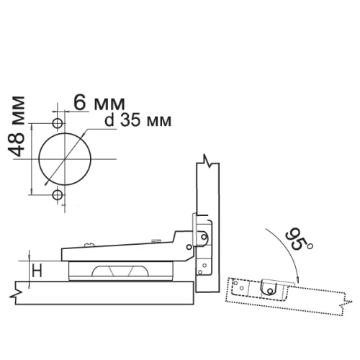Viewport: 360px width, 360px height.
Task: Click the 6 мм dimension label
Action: (99, 103)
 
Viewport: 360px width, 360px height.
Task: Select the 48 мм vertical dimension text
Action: (17, 126)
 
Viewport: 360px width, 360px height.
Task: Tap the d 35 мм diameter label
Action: (138, 120)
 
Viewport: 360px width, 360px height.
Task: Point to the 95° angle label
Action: (298, 240)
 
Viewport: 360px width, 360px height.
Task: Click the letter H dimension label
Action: (37, 270)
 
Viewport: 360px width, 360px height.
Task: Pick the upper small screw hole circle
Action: (58, 123)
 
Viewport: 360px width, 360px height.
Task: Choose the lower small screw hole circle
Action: (58, 195)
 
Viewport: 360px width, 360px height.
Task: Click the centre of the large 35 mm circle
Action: (65, 159)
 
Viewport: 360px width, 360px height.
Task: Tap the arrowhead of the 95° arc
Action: (298, 279)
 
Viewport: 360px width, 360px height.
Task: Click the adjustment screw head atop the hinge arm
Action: (89, 245)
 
